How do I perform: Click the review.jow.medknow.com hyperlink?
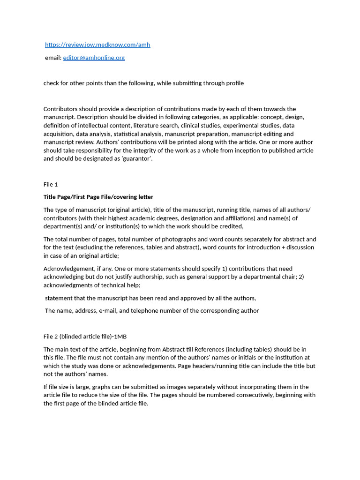coord(97,45)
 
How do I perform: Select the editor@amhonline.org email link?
coord(94,58)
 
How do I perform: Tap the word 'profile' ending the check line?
coord(233,83)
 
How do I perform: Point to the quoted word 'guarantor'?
coord(138,159)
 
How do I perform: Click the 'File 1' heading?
coord(51,184)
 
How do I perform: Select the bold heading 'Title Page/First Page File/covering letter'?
coord(98,197)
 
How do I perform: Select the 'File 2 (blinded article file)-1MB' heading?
coord(85,337)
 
